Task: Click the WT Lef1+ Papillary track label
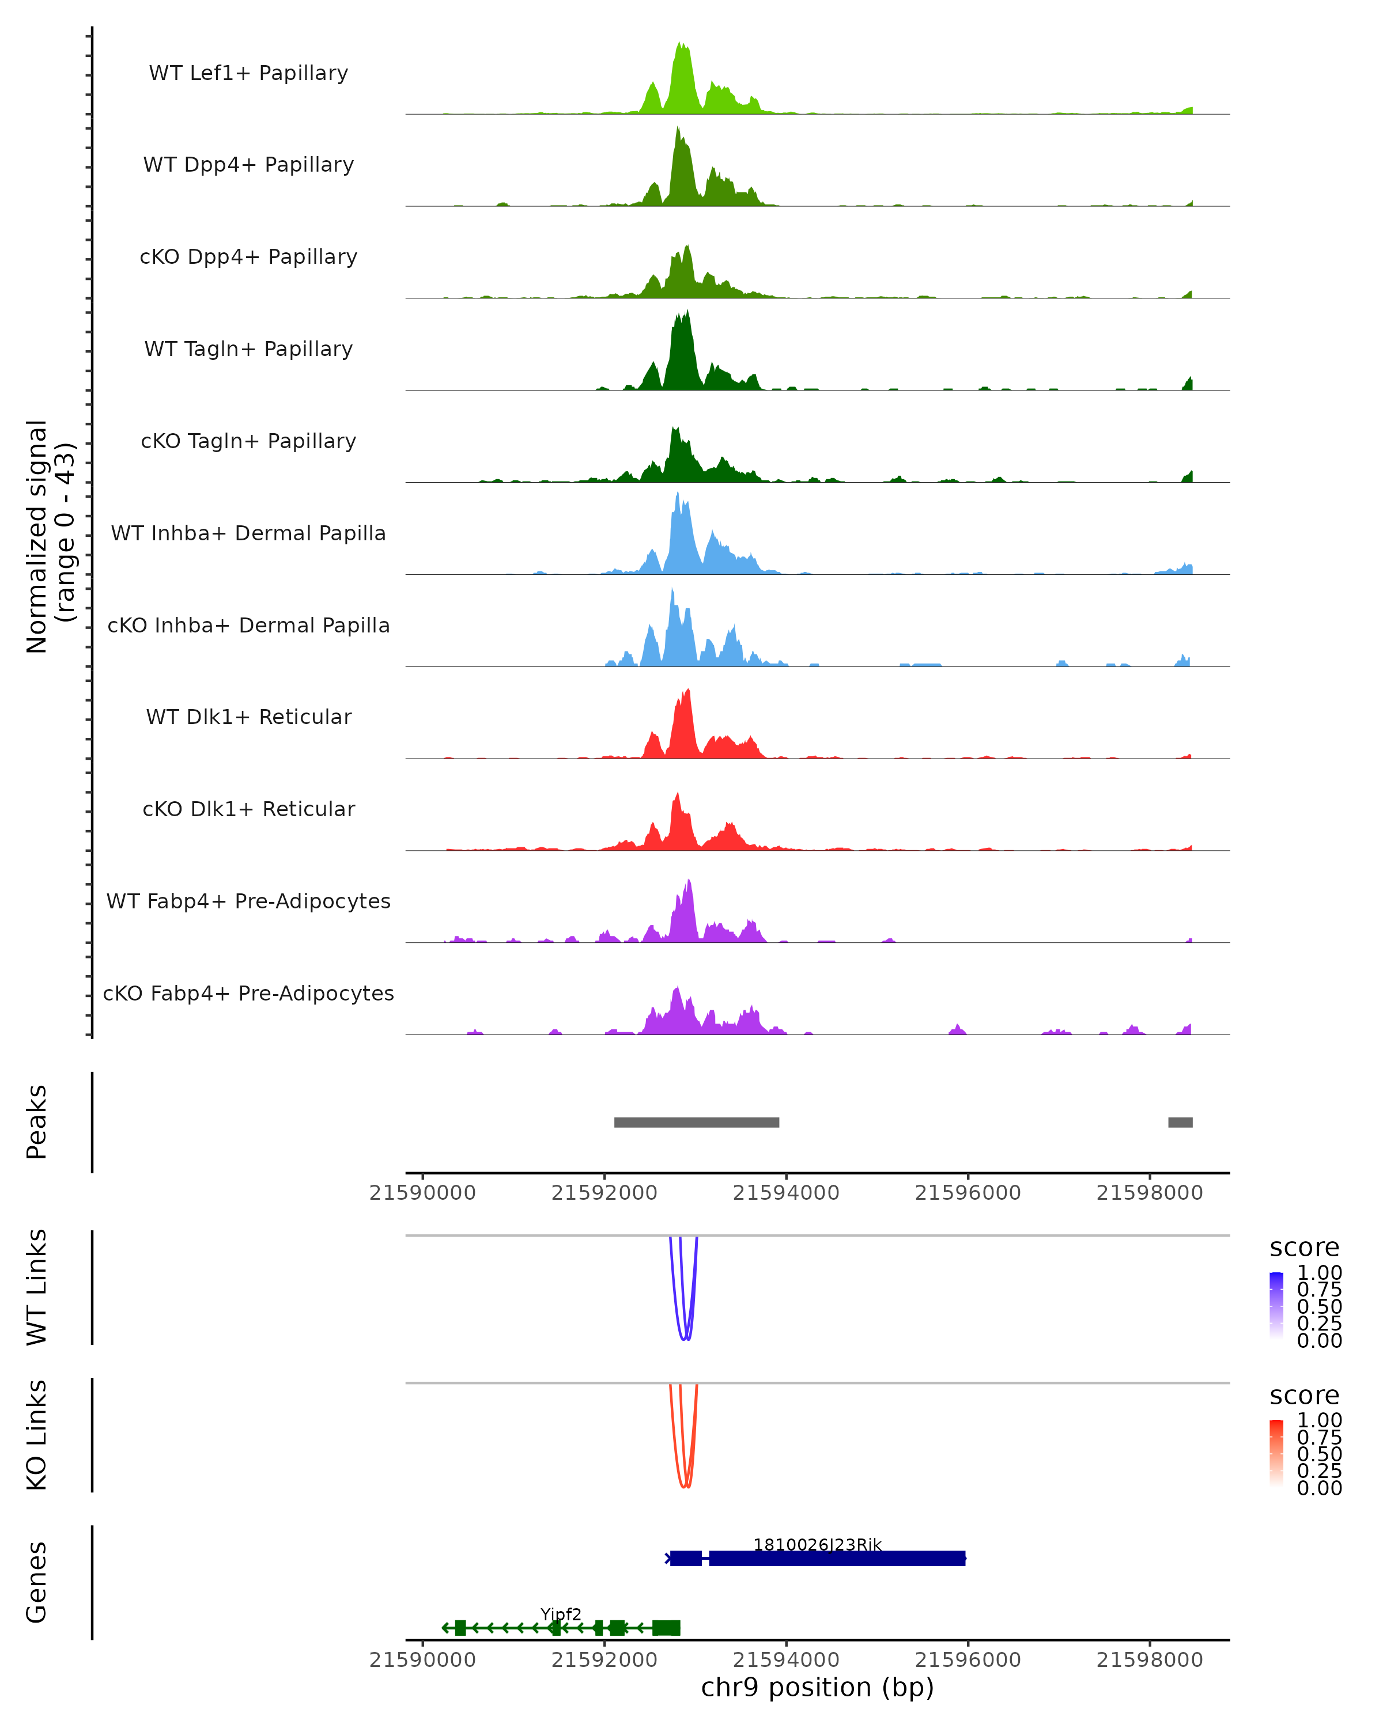coord(248,73)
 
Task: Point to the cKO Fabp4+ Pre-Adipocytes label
coord(248,993)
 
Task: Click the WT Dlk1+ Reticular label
coord(248,717)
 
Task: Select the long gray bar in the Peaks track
coord(696,1122)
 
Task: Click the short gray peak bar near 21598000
coord(1180,1122)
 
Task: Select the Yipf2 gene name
coord(561,1614)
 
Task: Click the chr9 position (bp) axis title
coord(817,1687)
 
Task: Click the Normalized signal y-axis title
coord(50,536)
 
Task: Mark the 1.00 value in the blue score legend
coord(1319,1273)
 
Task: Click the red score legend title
coord(1303,1396)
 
